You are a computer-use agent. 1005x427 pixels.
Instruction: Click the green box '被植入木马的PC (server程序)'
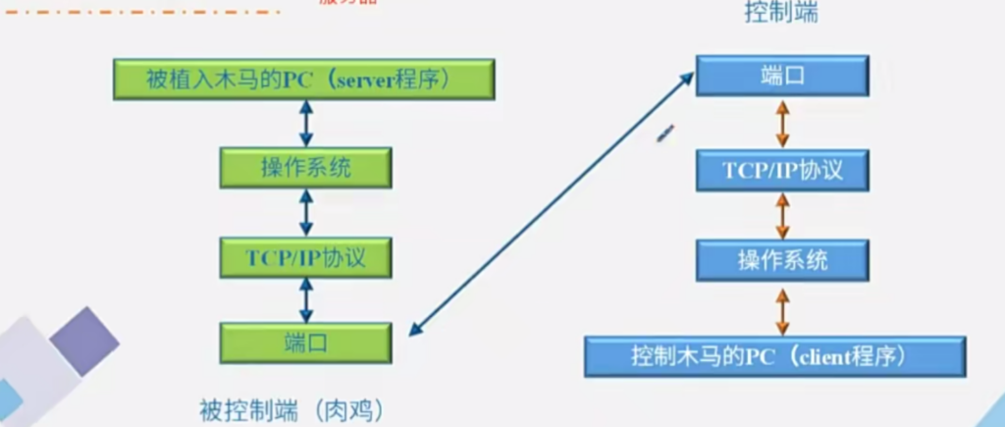[x=301, y=80]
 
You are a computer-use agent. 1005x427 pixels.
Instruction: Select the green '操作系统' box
[x=306, y=168]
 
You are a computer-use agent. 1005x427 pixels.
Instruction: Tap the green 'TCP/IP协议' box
[x=306, y=257]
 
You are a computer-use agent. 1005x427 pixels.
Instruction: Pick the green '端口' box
[x=306, y=343]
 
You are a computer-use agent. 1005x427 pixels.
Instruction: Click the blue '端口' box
[x=782, y=77]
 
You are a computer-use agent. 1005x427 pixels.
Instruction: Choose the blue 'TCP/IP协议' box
[x=782, y=169]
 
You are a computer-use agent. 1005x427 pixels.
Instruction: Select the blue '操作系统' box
[x=782, y=260]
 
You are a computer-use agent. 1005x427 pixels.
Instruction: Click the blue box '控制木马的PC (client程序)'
[x=775, y=355]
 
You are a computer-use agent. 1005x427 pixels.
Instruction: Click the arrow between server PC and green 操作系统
[x=306, y=124]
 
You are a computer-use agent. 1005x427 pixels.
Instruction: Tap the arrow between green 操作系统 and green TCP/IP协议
[x=306, y=212]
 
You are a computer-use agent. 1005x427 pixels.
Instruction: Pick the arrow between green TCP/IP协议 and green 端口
[x=306, y=299]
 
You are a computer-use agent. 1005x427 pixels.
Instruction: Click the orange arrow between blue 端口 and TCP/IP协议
[x=782, y=124]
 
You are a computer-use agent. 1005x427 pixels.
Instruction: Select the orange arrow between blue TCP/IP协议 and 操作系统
[x=782, y=215]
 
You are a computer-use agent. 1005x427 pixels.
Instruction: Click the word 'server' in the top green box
[x=363, y=80]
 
